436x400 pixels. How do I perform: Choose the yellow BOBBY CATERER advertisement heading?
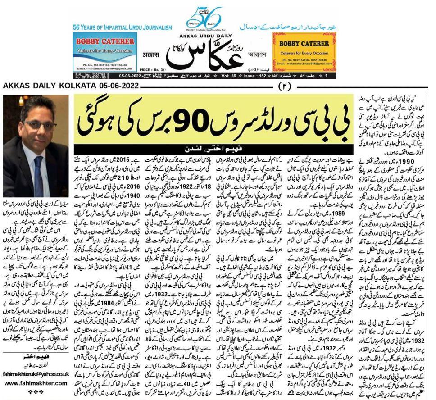coord(304,44)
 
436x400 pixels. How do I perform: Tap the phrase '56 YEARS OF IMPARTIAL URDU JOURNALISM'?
coord(123,27)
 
